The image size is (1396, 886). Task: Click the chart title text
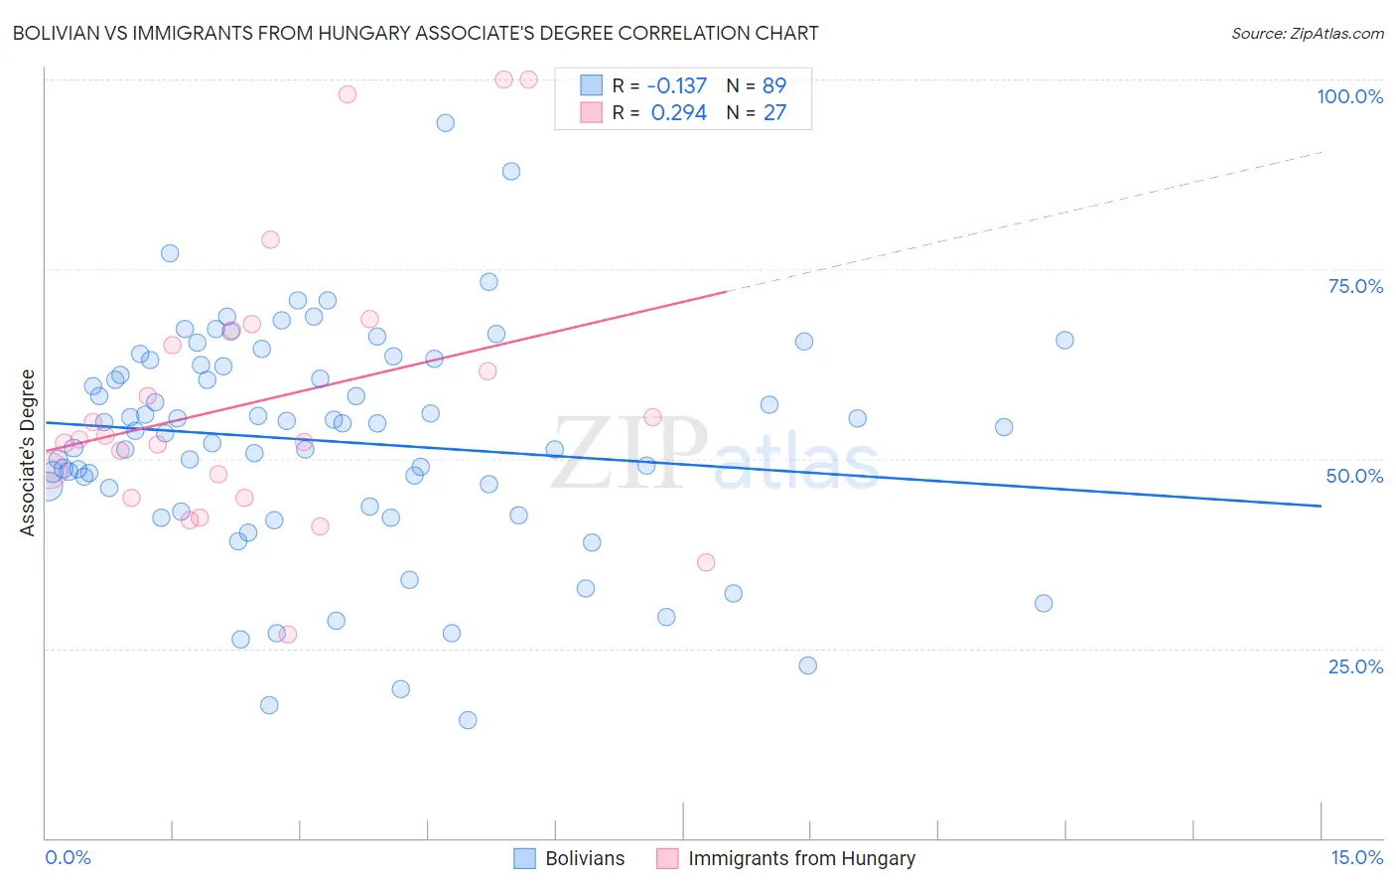pyautogui.click(x=415, y=33)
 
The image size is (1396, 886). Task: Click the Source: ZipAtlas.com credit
pyautogui.click(x=1307, y=33)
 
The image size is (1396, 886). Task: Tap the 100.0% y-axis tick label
pyautogui.click(x=1349, y=96)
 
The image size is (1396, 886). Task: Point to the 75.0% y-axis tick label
pyautogui.click(x=1354, y=286)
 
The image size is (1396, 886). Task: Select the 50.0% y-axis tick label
pyautogui.click(x=1354, y=476)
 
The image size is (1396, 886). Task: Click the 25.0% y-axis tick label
pyautogui.click(x=1354, y=666)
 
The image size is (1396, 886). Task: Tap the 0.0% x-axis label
pyautogui.click(x=68, y=857)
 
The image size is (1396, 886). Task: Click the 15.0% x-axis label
pyautogui.click(x=1356, y=857)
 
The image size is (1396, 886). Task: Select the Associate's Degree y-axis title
pyautogui.click(x=28, y=453)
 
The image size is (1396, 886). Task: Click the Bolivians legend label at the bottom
pyautogui.click(x=585, y=858)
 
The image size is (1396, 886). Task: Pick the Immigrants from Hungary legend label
pyautogui.click(x=801, y=858)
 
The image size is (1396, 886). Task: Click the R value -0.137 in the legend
pyautogui.click(x=676, y=85)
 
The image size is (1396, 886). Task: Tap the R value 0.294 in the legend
pyautogui.click(x=678, y=112)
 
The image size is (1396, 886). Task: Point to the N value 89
pyautogui.click(x=773, y=85)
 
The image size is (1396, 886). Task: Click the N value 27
pyautogui.click(x=773, y=112)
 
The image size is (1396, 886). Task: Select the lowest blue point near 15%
pyautogui.click(x=468, y=720)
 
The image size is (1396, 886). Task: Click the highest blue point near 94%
pyautogui.click(x=446, y=123)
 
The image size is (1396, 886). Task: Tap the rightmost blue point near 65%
pyautogui.click(x=1064, y=340)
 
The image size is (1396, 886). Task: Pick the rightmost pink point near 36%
pyautogui.click(x=706, y=562)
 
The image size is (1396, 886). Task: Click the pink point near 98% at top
pyautogui.click(x=348, y=94)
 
